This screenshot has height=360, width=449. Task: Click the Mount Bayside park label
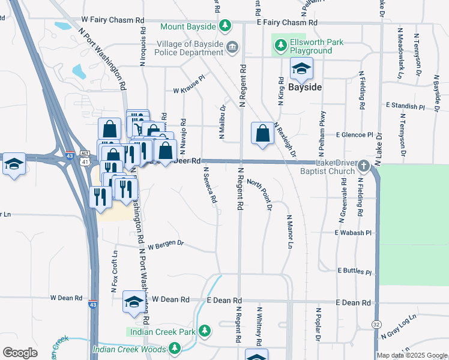pos(188,26)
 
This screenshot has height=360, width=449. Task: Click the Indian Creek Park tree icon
pos(205,331)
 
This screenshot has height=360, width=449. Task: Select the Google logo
pos(20,353)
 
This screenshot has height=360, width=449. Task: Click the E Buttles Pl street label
pos(355,271)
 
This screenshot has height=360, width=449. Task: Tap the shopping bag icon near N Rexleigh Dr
pos(263,134)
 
